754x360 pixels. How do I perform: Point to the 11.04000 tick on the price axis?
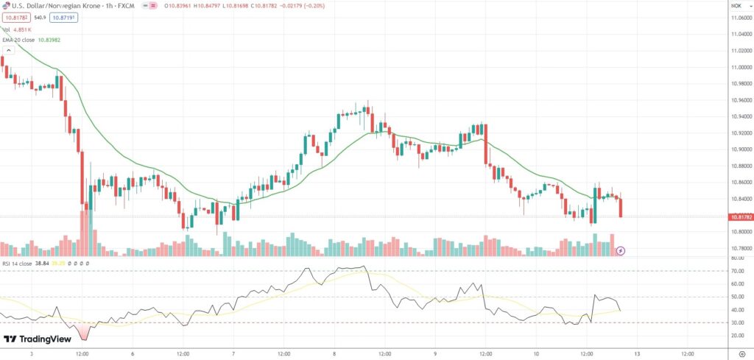740,35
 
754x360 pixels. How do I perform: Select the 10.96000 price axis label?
740,100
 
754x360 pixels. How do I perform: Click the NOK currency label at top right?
736,5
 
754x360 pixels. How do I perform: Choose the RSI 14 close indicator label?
16,263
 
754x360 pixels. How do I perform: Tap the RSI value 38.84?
41,263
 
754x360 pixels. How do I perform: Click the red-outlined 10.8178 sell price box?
16,17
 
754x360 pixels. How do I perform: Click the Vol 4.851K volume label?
15,29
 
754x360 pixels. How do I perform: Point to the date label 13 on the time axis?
635,353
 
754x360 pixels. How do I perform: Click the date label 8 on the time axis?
334,353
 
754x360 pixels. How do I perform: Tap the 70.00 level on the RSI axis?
736,272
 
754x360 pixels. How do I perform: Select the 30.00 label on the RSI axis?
736,322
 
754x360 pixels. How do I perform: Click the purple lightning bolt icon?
621,251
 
